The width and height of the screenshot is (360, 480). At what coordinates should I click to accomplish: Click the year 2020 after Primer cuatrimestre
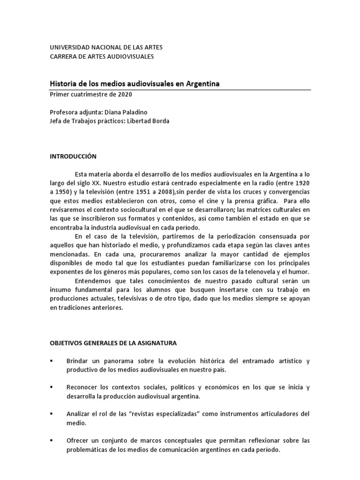click(x=125, y=94)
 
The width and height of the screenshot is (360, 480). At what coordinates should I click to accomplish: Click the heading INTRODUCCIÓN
click(x=73, y=156)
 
